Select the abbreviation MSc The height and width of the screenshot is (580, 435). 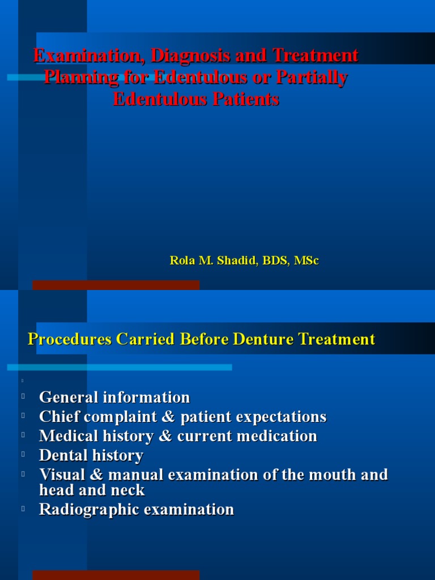point(306,261)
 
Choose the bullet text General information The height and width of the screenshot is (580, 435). point(114,397)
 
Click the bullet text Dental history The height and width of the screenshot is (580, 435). point(91,455)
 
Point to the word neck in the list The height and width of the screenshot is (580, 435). point(129,490)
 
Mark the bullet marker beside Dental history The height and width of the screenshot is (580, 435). point(24,454)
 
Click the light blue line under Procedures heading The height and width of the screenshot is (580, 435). point(120,368)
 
